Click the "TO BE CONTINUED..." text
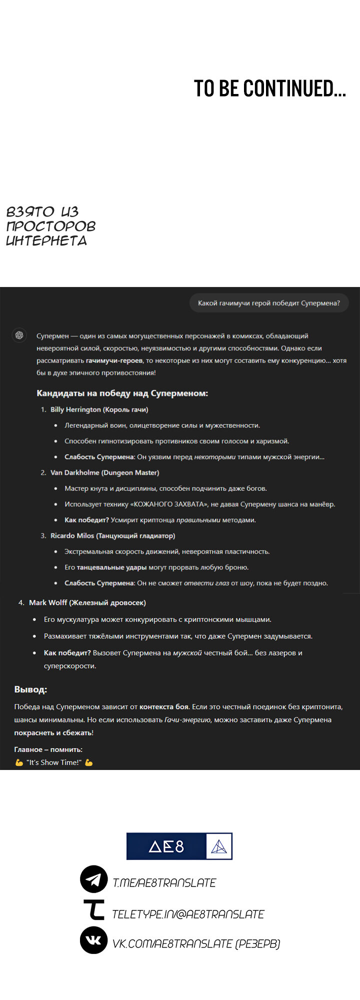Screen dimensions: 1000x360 click(269, 89)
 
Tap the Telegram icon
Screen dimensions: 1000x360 click(93, 879)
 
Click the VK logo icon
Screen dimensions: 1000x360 click(93, 939)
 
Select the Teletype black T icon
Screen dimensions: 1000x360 click(93, 909)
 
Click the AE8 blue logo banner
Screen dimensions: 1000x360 click(179, 846)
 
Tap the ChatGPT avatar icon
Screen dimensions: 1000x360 click(19, 335)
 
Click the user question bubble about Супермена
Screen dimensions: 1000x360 click(268, 303)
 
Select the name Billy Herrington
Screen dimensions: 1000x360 click(75, 409)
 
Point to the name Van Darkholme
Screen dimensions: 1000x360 click(74, 472)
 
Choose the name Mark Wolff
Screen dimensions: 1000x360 click(48, 602)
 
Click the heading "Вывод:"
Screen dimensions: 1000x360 click(30, 689)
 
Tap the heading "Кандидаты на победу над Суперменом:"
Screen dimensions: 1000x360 click(122, 393)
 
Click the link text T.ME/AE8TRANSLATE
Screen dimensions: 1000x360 click(164, 883)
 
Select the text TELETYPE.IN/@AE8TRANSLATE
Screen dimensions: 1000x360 click(188, 914)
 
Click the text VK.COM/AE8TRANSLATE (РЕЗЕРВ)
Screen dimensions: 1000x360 click(196, 943)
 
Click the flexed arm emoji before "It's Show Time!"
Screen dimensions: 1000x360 click(19, 762)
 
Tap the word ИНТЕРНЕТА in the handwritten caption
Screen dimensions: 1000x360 click(46, 240)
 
